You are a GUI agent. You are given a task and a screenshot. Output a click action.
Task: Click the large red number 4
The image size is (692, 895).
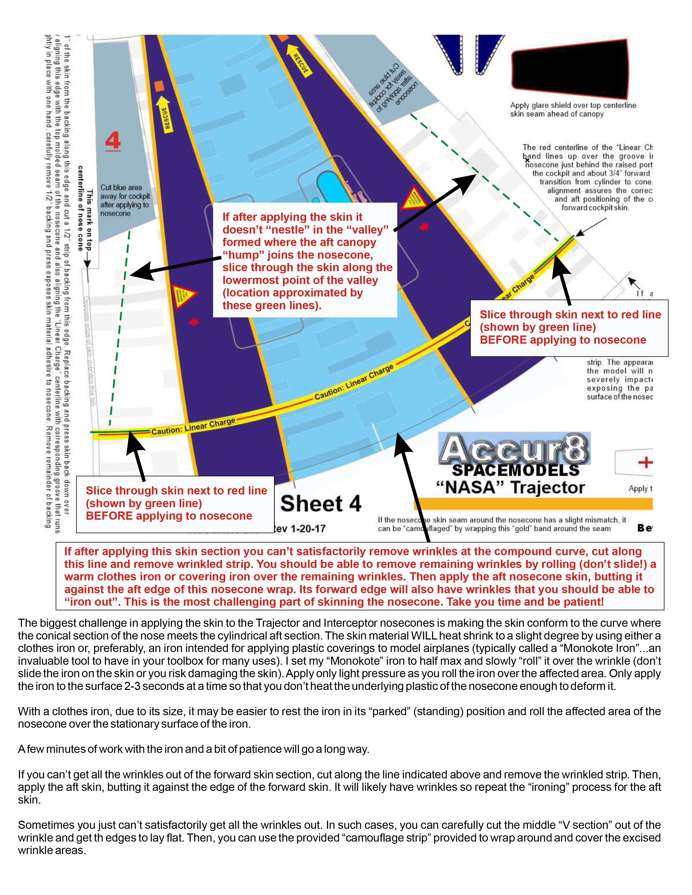tap(113, 141)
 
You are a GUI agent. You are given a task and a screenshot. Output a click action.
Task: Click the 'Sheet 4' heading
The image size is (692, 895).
tap(320, 504)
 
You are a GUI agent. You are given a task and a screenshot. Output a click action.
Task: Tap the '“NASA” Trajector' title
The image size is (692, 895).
tap(510, 488)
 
